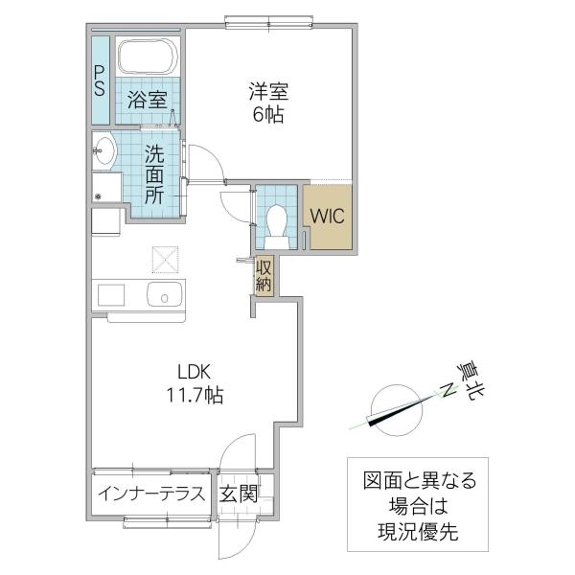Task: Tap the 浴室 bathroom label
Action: [147, 98]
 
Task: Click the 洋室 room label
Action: [269, 92]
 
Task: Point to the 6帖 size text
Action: [269, 115]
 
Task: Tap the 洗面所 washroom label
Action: [154, 172]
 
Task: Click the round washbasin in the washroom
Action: [104, 149]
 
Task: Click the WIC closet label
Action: [327, 213]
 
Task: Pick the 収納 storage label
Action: [264, 275]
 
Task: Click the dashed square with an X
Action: [165, 258]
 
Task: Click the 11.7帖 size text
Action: [193, 395]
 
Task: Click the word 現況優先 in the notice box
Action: [419, 532]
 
